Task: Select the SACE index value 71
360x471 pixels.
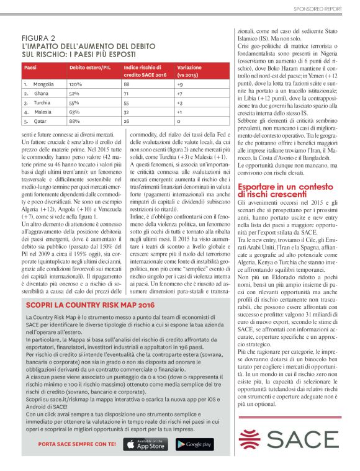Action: pos(127,93)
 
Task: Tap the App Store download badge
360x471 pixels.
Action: pos(146,444)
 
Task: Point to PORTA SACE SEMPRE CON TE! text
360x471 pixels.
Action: pos(76,444)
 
